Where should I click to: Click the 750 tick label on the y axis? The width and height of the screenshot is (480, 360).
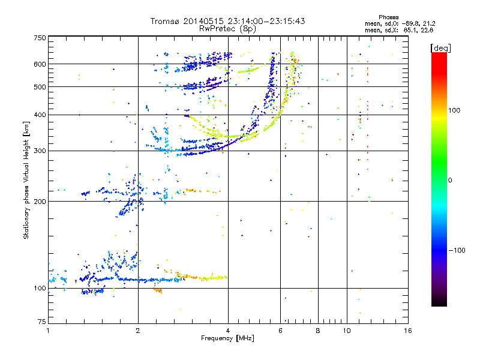pyautogui.click(x=40, y=38)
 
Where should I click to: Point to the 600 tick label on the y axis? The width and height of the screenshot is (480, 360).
pyautogui.click(x=40, y=64)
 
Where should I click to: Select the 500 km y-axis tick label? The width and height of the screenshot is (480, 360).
pyautogui.click(x=40, y=87)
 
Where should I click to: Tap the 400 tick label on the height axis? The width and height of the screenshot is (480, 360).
pyautogui.click(x=40, y=115)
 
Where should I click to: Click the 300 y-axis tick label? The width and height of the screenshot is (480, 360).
pyautogui.click(x=40, y=151)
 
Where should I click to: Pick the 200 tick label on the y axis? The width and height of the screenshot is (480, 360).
pyautogui.click(x=40, y=202)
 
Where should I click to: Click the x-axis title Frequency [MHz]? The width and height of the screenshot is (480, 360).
pyautogui.click(x=227, y=338)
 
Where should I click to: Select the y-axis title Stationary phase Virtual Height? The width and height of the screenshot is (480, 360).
pyautogui.click(x=26, y=180)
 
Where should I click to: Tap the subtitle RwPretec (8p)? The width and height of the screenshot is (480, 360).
pyautogui.click(x=227, y=28)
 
